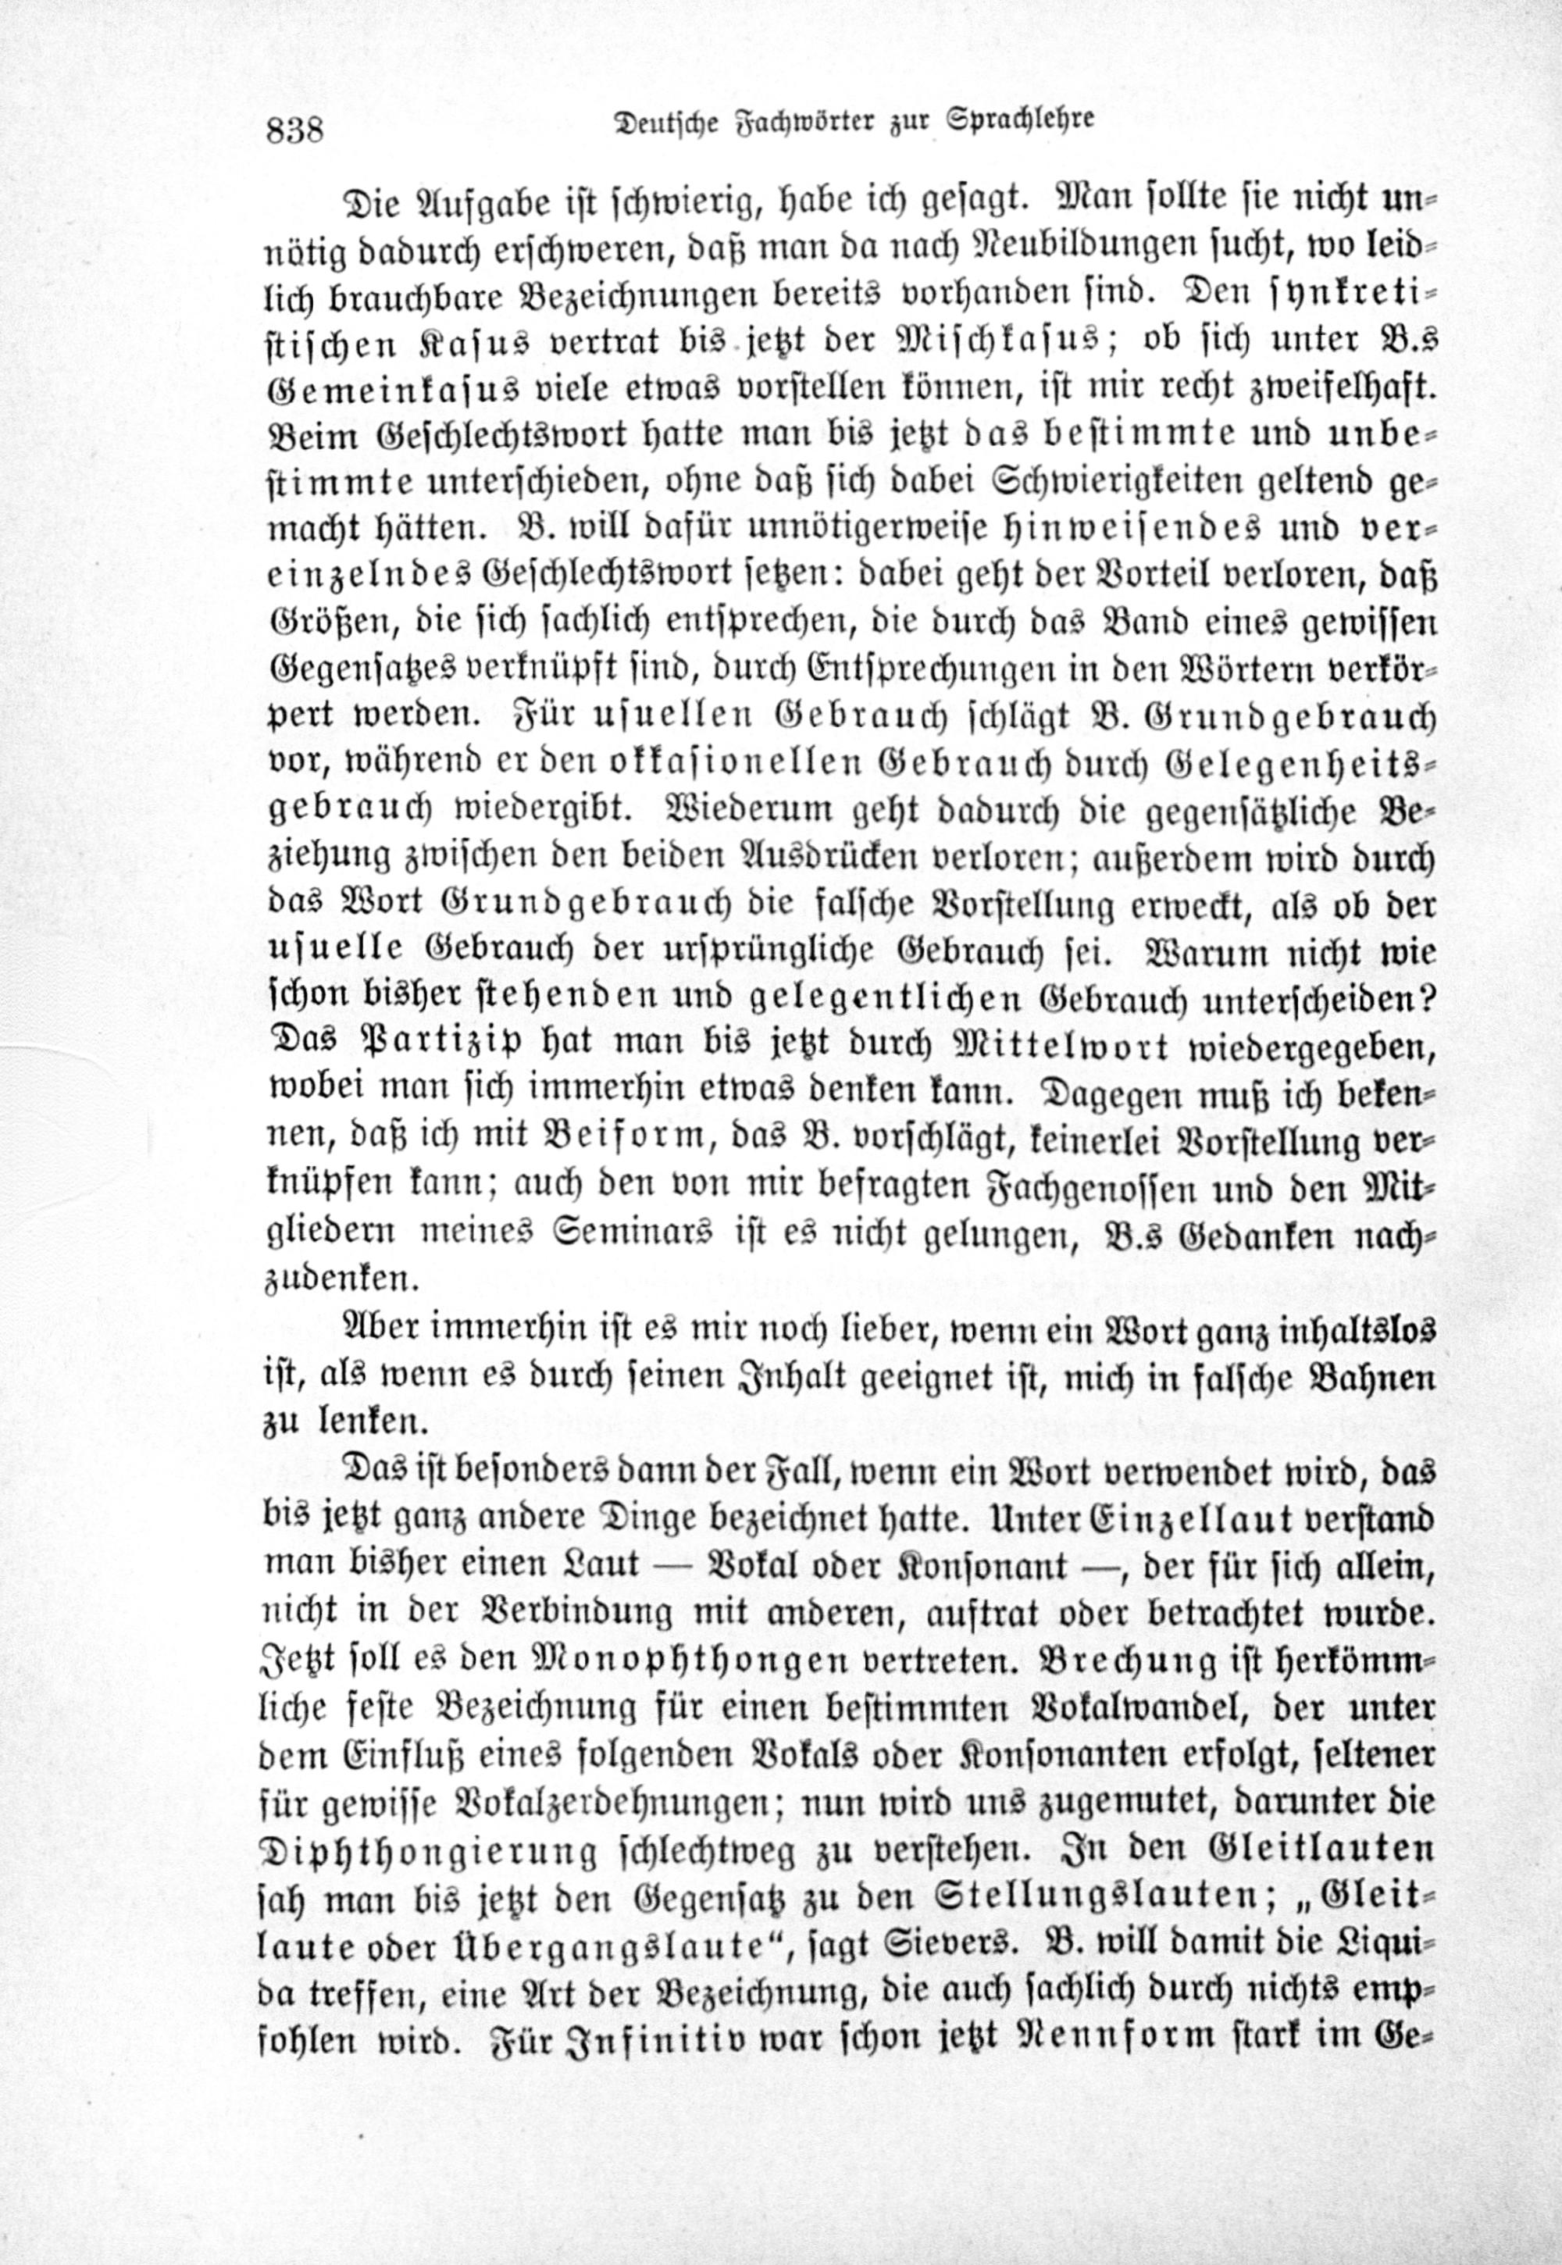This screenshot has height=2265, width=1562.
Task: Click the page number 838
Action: [294, 128]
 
